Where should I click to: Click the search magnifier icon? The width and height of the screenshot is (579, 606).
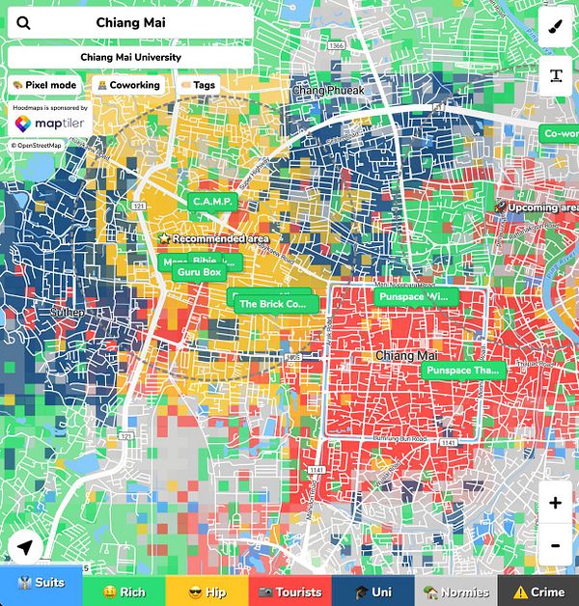tap(24, 23)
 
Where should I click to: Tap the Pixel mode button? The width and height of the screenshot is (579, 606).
tap(43, 85)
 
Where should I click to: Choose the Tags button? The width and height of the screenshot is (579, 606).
tap(198, 85)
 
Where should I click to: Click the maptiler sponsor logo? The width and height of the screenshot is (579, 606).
tap(48, 125)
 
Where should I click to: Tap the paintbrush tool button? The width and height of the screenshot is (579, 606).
tap(557, 26)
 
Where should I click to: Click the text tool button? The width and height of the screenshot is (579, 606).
tap(557, 75)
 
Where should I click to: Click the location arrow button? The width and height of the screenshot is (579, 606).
tap(26, 549)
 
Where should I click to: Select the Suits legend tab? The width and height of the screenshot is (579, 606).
tap(41, 592)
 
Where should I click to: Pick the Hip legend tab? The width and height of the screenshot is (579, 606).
tap(207, 592)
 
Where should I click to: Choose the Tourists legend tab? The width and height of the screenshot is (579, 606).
tap(289, 592)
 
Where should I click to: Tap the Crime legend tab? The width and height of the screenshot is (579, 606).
tap(538, 592)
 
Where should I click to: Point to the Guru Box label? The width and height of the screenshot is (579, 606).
tap(200, 272)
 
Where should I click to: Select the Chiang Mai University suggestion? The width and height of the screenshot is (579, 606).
tap(130, 57)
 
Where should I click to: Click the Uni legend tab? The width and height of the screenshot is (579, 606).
tap(372, 592)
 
